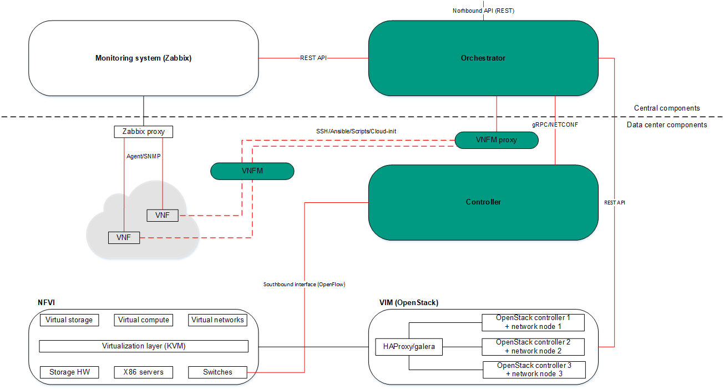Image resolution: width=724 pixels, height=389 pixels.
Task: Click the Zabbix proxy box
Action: pyautogui.click(x=143, y=132)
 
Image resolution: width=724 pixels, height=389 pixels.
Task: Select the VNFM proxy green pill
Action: pyautogui.click(x=496, y=140)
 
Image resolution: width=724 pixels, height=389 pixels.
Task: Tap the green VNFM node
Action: pyautogui.click(x=252, y=171)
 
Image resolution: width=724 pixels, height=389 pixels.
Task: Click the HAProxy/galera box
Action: pyautogui.click(x=409, y=347)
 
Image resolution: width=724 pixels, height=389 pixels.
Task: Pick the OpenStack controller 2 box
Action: pyautogui.click(x=533, y=346)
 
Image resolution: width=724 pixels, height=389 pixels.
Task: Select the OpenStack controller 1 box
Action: pyautogui.click(x=533, y=322)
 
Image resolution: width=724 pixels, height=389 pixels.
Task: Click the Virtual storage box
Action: pyautogui.click(x=69, y=320)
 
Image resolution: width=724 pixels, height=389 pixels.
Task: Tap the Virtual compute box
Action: pyautogui.click(x=144, y=320)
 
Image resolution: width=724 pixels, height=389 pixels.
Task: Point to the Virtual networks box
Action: pyautogui.click(x=217, y=320)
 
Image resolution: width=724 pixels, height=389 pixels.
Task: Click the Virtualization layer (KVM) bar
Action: pyautogui.click(x=144, y=346)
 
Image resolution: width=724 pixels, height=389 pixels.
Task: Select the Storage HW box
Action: pyautogui.click(x=69, y=372)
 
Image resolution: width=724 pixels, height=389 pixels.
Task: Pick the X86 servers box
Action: pyautogui.click(x=144, y=372)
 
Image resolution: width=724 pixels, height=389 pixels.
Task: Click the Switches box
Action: pyautogui.click(x=217, y=372)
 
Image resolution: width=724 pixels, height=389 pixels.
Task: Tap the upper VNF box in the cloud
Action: pyautogui.click(x=163, y=215)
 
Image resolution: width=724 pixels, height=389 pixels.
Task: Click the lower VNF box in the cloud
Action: pyautogui.click(x=124, y=237)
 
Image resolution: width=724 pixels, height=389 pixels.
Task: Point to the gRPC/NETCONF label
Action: pyautogui.click(x=555, y=125)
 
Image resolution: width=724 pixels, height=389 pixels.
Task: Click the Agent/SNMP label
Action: pyautogui.click(x=143, y=157)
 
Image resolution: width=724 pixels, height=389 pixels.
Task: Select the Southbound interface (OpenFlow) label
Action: pyautogui.click(x=304, y=284)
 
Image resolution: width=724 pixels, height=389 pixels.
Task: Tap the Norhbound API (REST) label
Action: pyautogui.click(x=483, y=10)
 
